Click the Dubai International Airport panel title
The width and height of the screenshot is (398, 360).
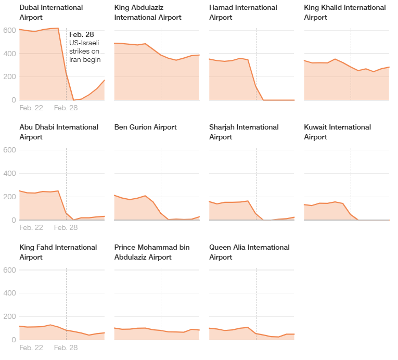coord(51,12)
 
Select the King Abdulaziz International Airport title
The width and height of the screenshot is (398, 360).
coord(148,12)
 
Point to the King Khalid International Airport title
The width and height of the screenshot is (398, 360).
coord(345,12)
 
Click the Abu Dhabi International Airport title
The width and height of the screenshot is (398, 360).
coord(59,132)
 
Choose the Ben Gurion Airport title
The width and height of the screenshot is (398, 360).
coord(145,127)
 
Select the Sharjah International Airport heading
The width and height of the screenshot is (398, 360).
coord(243,132)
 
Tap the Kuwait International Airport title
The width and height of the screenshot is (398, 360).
coord(337,132)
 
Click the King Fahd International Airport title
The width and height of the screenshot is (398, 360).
coord(58,252)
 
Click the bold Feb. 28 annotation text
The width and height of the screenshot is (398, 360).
coord(82,34)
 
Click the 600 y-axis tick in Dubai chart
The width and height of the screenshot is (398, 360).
coord(9,30)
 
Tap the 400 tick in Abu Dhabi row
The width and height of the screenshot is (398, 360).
coord(9,174)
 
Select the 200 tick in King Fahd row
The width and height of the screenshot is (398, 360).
coord(9,317)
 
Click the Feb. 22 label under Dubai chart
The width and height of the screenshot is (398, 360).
coord(31,108)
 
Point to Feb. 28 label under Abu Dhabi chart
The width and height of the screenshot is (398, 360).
coord(66,228)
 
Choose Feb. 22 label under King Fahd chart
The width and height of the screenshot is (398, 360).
coord(31,348)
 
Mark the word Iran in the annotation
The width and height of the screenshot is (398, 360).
coord(76,59)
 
